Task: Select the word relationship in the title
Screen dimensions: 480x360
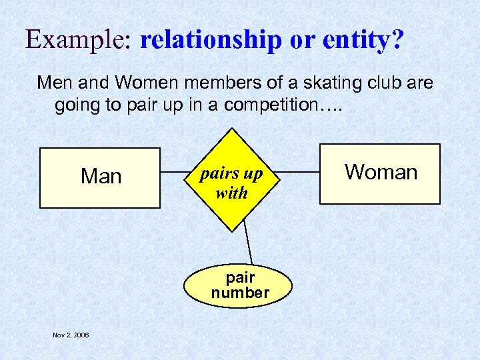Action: point(211,41)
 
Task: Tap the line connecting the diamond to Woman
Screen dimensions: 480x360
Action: point(299,173)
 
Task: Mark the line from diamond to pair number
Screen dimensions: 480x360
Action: point(248,241)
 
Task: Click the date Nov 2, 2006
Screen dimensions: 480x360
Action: point(71,335)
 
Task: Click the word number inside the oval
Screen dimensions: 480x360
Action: point(240,293)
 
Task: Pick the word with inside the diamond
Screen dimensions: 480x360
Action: point(231,193)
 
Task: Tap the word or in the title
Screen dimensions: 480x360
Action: point(303,41)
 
